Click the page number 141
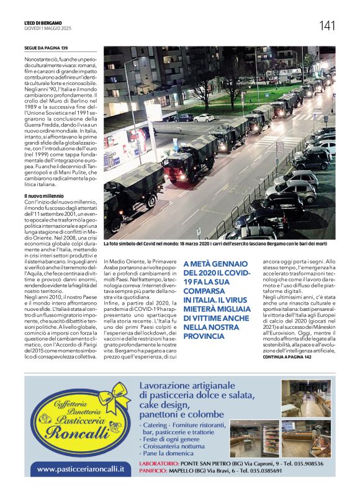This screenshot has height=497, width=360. (x=327, y=25)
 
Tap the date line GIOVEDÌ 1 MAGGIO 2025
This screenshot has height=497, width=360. (x=49, y=29)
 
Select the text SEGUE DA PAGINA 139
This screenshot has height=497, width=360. (x=45, y=48)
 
